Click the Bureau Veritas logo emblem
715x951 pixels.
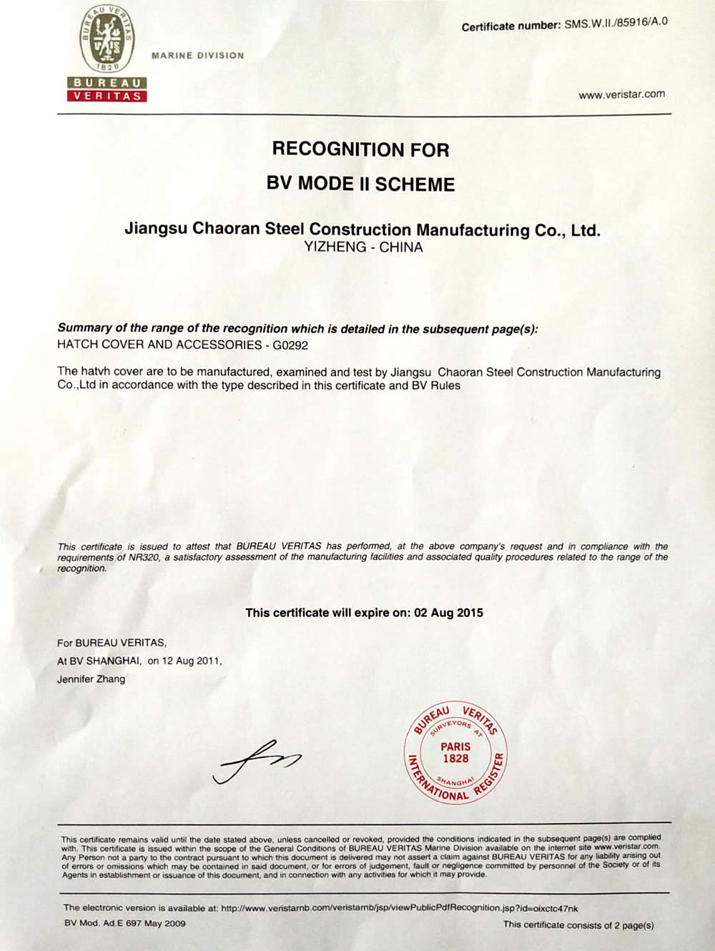pyautogui.click(x=107, y=39)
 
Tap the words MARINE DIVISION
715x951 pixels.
pyautogui.click(x=197, y=55)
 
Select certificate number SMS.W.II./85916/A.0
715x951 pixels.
pyautogui.click(x=616, y=23)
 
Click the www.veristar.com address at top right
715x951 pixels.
pyautogui.click(x=621, y=94)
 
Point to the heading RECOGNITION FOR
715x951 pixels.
pyautogui.click(x=360, y=149)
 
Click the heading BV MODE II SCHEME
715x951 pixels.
pyautogui.click(x=360, y=184)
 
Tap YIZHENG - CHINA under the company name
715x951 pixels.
pyautogui.click(x=363, y=247)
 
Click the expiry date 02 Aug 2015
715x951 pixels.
pyautogui.click(x=448, y=613)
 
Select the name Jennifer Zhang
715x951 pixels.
pyautogui.click(x=91, y=679)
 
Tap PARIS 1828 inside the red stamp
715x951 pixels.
pyautogui.click(x=455, y=752)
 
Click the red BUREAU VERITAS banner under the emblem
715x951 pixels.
pyautogui.click(x=107, y=89)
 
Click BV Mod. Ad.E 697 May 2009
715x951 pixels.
pyautogui.click(x=124, y=923)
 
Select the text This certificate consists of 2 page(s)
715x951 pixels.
pyautogui.click(x=578, y=925)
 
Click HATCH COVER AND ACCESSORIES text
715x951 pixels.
pyautogui.click(x=159, y=345)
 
